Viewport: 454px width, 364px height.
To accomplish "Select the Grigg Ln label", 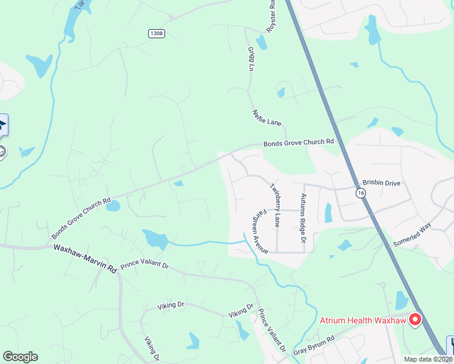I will (x=250, y=59).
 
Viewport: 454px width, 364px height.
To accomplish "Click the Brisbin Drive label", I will (x=381, y=182).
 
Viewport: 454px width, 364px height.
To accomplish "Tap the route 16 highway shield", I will (x=362, y=192).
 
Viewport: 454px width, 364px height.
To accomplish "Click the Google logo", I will (x=20, y=357).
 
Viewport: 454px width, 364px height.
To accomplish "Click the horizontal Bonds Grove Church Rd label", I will (x=299, y=142).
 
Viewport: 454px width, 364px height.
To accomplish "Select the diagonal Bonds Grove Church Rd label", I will (x=81, y=218).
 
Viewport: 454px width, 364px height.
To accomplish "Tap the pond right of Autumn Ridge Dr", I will (x=328, y=213).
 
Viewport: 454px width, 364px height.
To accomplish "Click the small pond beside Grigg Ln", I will (x=262, y=42).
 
